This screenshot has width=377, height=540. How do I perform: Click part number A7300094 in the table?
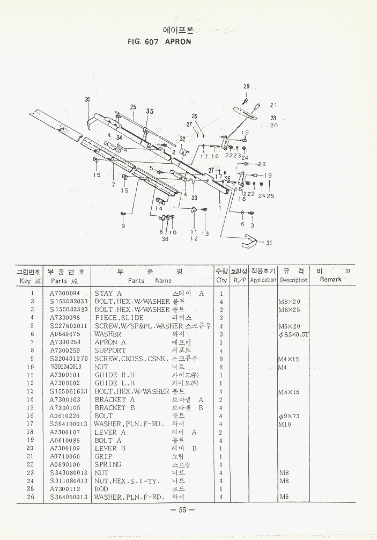64,294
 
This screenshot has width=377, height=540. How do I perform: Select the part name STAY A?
108,294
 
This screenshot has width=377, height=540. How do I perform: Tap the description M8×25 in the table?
290,310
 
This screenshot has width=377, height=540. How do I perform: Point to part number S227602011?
68,326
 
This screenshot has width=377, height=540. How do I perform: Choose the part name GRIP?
104,456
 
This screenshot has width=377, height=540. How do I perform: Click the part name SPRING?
108,464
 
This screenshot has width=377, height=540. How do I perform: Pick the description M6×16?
290,392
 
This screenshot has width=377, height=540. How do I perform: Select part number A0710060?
64,456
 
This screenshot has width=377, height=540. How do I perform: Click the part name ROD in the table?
102,489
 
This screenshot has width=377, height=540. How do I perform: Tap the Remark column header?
330,279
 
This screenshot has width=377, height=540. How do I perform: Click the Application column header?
263,280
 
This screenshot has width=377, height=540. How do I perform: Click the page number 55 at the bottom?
182,510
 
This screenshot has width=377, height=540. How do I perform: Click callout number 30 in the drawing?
87,100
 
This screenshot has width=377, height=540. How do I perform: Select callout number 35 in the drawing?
150,111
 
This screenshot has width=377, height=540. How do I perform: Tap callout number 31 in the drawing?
269,243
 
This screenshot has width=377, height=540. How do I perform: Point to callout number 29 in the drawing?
246,86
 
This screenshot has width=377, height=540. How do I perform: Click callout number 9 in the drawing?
123,226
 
